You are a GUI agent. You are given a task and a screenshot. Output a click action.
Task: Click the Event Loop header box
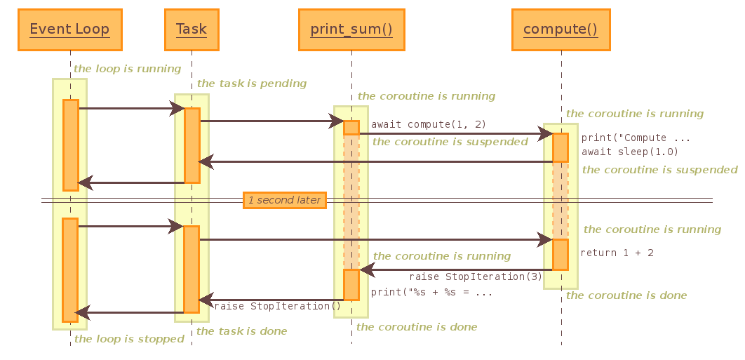point(69,29)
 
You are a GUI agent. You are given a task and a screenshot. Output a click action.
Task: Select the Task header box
point(191,29)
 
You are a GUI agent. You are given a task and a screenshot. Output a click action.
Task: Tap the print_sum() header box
point(351,29)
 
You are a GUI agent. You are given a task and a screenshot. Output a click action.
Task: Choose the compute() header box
point(560,29)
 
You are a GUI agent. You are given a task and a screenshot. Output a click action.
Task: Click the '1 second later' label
point(284,200)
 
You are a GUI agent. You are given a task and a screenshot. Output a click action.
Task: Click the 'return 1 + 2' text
point(617,253)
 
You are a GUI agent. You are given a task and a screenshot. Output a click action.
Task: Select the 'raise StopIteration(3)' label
point(476,276)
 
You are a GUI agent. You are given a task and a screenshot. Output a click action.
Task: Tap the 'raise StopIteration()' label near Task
point(277,306)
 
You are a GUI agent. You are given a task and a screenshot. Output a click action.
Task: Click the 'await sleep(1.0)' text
point(629,152)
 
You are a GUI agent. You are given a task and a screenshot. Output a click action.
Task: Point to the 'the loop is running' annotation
point(127,69)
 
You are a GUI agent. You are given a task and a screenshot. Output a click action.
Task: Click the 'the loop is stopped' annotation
point(129,339)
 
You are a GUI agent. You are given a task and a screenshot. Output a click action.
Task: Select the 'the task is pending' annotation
point(252,84)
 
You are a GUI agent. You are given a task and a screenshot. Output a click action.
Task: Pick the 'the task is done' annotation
point(241,331)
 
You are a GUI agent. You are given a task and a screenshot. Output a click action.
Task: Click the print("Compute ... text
point(636,138)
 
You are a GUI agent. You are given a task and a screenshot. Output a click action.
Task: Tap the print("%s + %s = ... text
point(431,292)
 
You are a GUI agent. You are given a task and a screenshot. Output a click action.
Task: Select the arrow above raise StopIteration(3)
point(456,269)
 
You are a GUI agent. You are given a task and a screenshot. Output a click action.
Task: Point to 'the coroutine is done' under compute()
point(626,295)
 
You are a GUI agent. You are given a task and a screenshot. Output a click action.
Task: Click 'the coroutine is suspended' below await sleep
point(659,170)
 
